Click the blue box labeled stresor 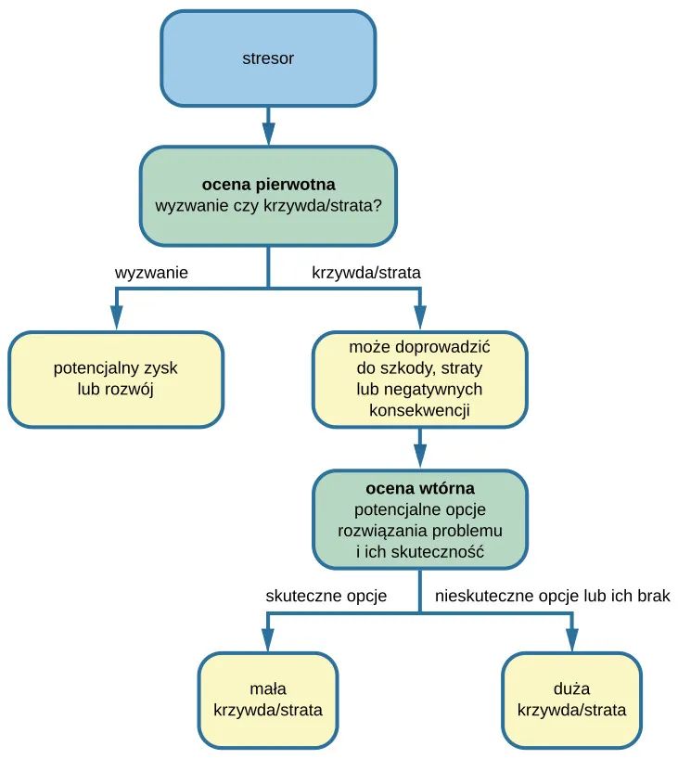[x=268, y=58]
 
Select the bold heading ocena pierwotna [x=268, y=184]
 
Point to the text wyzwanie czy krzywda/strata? [x=268, y=205]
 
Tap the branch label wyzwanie [x=151, y=273]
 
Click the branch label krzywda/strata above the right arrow [x=365, y=273]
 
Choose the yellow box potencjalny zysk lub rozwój [x=116, y=379]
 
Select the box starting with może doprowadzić [x=419, y=379]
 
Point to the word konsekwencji [x=419, y=409]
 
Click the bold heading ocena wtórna [x=419, y=488]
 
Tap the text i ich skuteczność [x=419, y=552]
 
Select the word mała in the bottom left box [x=268, y=689]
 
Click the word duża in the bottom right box [x=571, y=689]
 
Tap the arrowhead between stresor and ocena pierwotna [x=268, y=132]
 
